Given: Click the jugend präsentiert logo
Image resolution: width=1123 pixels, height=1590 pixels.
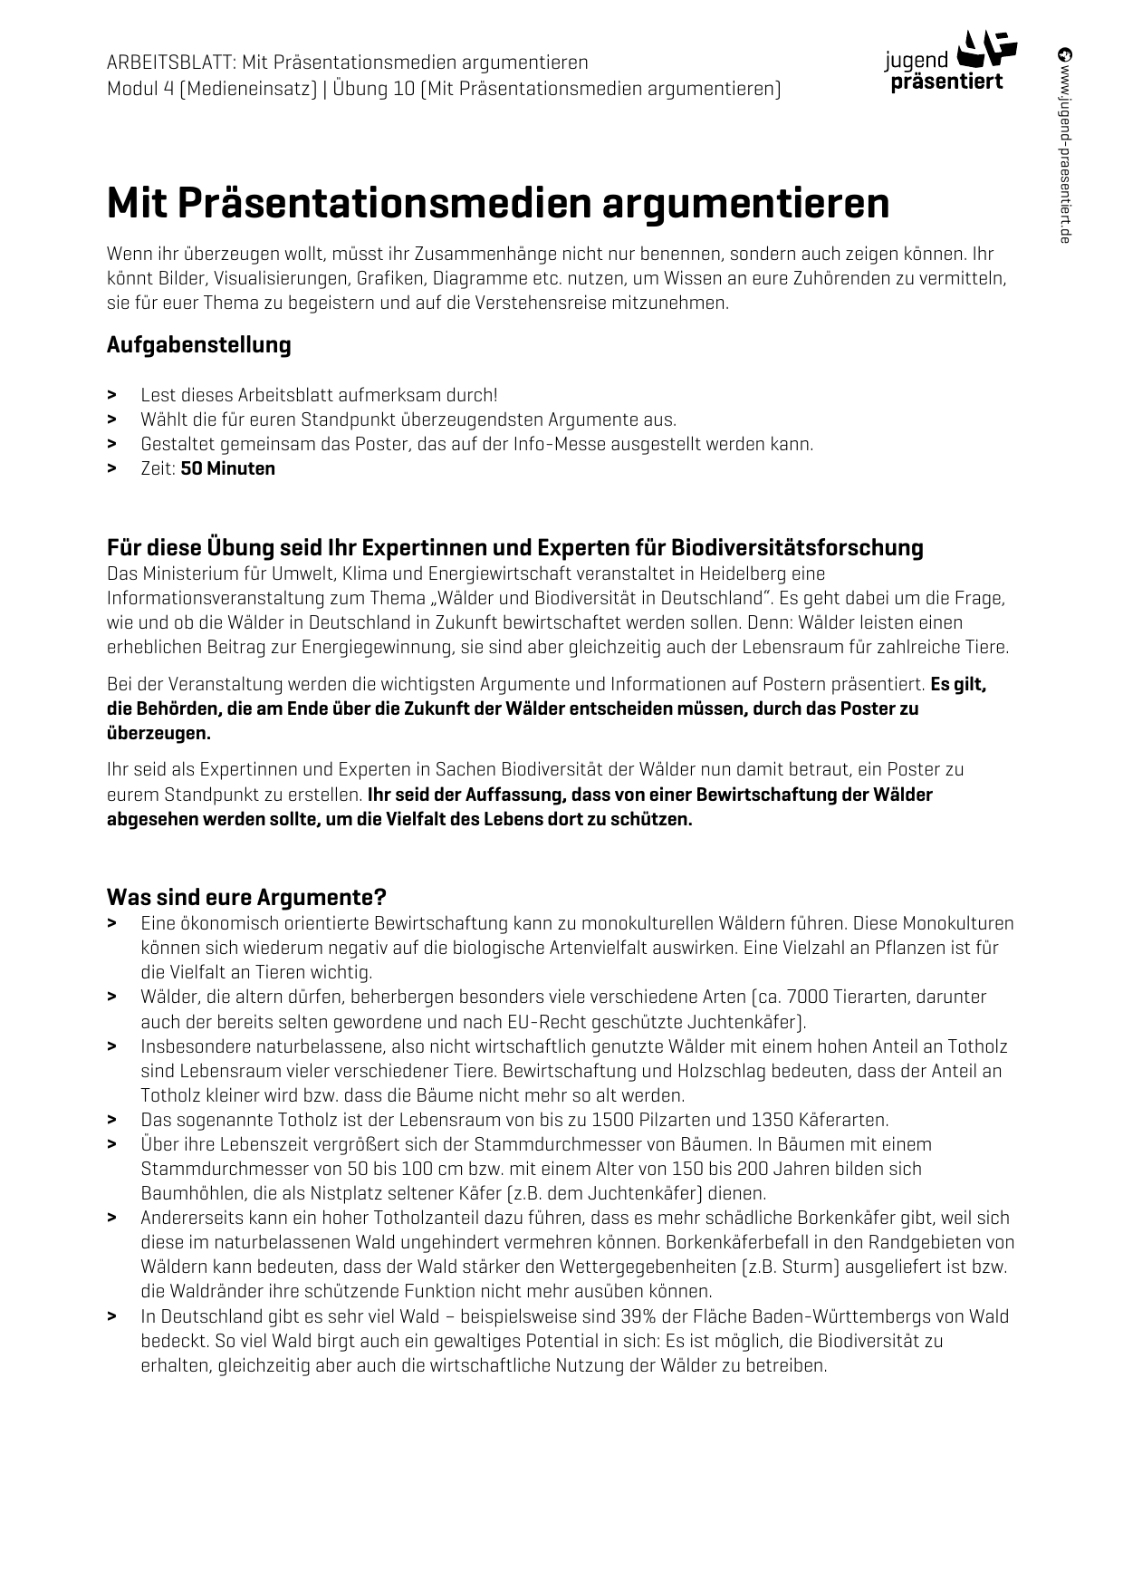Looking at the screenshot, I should click(x=950, y=62).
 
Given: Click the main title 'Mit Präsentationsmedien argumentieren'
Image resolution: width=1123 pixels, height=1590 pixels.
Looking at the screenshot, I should click(x=497, y=203).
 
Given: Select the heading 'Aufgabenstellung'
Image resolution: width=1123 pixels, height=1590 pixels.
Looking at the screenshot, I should click(x=198, y=345).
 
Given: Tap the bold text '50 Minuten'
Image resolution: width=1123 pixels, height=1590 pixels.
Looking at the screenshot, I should click(x=227, y=468).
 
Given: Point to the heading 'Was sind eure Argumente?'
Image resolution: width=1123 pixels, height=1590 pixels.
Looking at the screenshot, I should click(x=246, y=897).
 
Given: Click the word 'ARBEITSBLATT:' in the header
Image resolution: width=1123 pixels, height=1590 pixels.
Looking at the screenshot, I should click(x=171, y=63).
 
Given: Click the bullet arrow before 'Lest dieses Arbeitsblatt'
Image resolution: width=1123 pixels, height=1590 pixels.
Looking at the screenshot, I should click(x=112, y=395).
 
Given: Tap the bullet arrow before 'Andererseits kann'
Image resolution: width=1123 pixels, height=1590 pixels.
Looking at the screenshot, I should click(x=112, y=1218).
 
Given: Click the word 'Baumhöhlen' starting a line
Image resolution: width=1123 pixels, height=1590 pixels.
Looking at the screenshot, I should click(x=186, y=1193).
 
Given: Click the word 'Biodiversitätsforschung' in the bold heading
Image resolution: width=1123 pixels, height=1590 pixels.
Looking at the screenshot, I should click(x=797, y=548).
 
